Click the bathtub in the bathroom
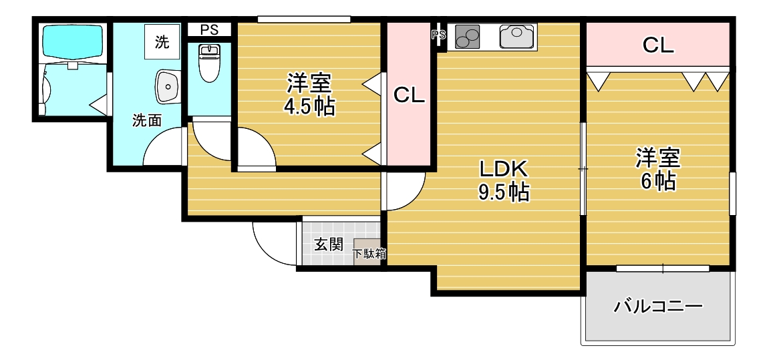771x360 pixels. [73, 41]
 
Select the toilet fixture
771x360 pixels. [210, 63]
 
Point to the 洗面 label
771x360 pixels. [146, 121]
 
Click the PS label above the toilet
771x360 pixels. [209, 30]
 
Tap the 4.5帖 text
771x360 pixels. [309, 107]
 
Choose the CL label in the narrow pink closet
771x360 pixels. [409, 96]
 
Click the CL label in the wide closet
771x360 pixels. [657, 45]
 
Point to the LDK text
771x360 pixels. [502, 168]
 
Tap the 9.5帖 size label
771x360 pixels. [503, 192]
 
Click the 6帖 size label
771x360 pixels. [657, 181]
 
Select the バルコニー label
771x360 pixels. [658, 307]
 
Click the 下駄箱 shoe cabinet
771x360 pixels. [369, 253]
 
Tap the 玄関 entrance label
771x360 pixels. [328, 244]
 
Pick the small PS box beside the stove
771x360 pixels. [439, 36]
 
